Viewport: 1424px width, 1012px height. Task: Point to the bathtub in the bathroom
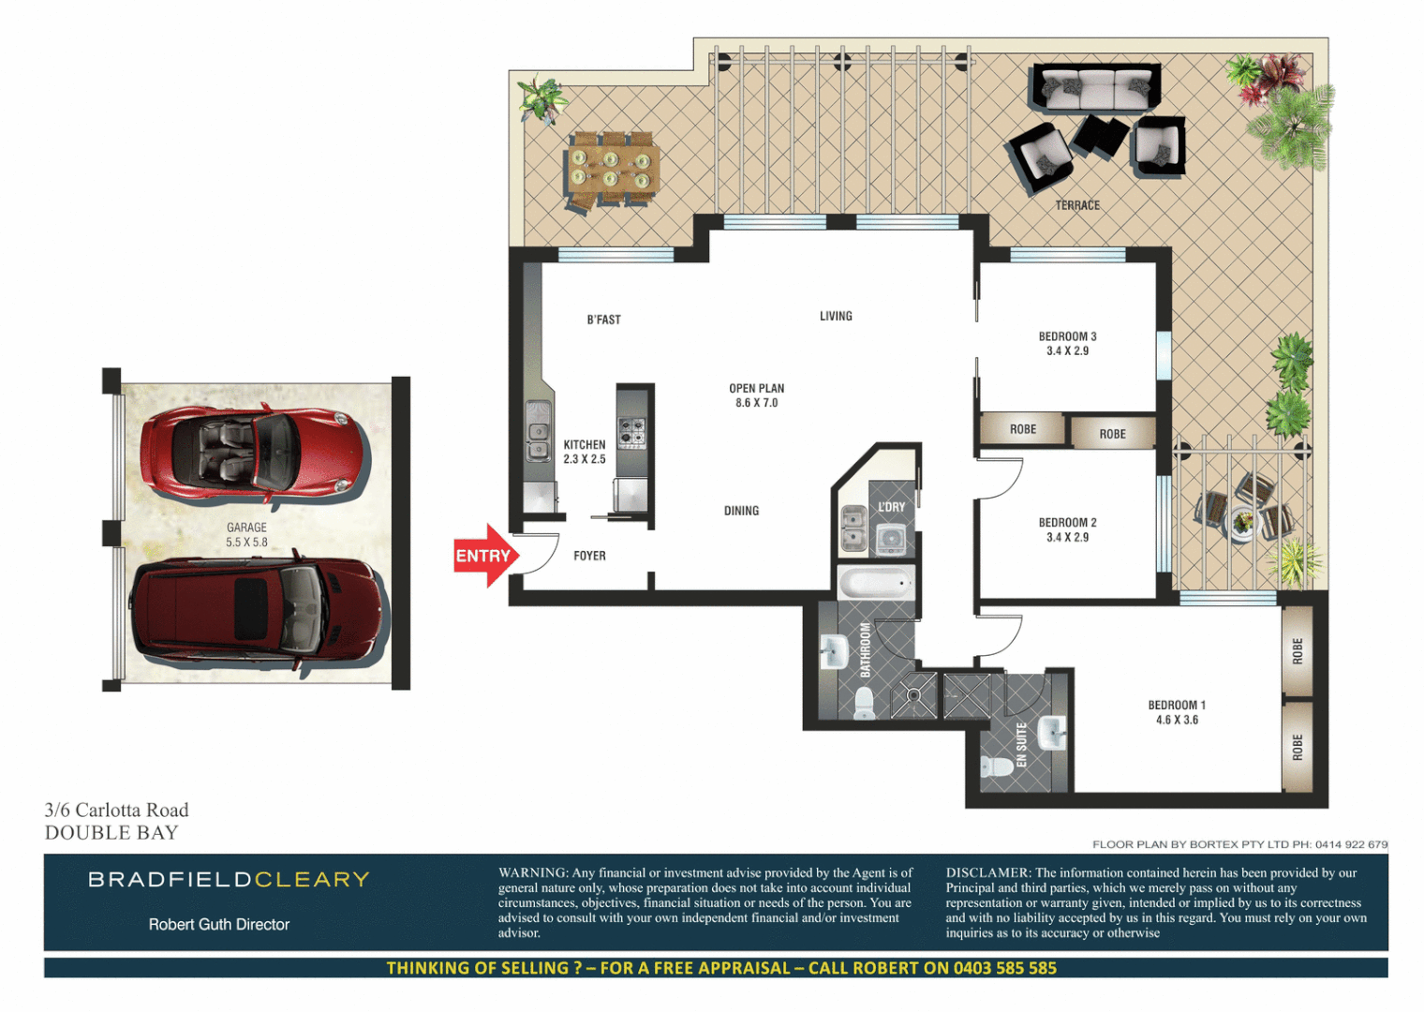click(x=875, y=585)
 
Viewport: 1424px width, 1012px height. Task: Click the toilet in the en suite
click(x=997, y=766)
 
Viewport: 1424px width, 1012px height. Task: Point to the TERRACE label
click(x=1077, y=205)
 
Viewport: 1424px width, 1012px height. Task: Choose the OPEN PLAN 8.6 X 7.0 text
click(x=757, y=395)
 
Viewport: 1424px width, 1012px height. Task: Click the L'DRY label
click(x=891, y=507)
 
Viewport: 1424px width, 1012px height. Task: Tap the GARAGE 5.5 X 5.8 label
click(x=246, y=535)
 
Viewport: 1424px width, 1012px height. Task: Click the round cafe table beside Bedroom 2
click(x=1242, y=521)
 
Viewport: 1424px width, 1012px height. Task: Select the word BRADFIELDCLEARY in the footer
click(x=229, y=879)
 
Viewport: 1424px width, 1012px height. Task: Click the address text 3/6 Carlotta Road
click(x=117, y=810)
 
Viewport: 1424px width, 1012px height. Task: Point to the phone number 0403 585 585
click(x=1004, y=968)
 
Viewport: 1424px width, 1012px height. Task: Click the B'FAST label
click(x=603, y=320)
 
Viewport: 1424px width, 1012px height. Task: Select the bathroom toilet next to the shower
click(x=864, y=701)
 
